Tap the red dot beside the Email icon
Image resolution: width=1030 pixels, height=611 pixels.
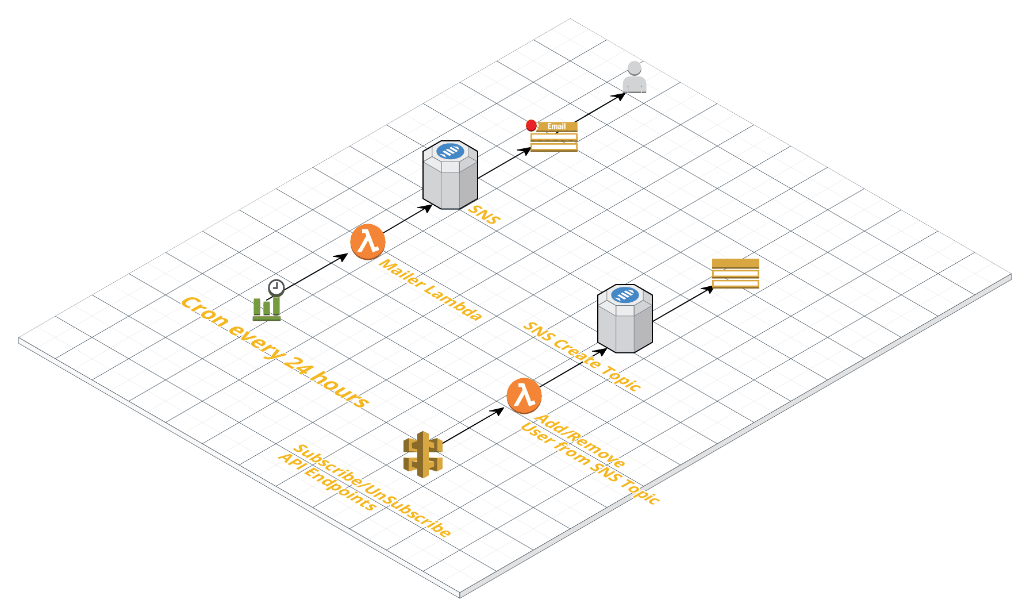pos(531,125)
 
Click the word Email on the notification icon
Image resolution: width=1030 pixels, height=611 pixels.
pos(556,126)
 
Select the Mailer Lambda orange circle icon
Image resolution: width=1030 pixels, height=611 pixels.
pos(368,241)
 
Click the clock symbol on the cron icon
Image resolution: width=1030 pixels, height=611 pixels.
pos(276,288)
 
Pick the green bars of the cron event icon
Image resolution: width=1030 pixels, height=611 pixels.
pos(267,308)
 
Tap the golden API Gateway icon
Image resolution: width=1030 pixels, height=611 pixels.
pos(423,454)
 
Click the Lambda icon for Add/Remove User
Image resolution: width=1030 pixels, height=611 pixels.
pos(524,395)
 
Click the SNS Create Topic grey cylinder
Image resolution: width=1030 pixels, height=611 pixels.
pos(625,318)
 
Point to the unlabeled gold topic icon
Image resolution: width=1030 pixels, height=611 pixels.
pos(736,273)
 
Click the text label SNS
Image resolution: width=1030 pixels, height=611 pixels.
pos(484,214)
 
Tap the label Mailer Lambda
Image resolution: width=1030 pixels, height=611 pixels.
pos(431,290)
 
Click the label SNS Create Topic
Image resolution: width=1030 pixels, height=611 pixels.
pos(582,356)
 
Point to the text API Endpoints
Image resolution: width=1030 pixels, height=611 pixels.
pos(328,482)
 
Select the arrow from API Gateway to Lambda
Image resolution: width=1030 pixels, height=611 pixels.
pos(472,426)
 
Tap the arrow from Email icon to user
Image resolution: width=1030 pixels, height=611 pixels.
pos(601,107)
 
